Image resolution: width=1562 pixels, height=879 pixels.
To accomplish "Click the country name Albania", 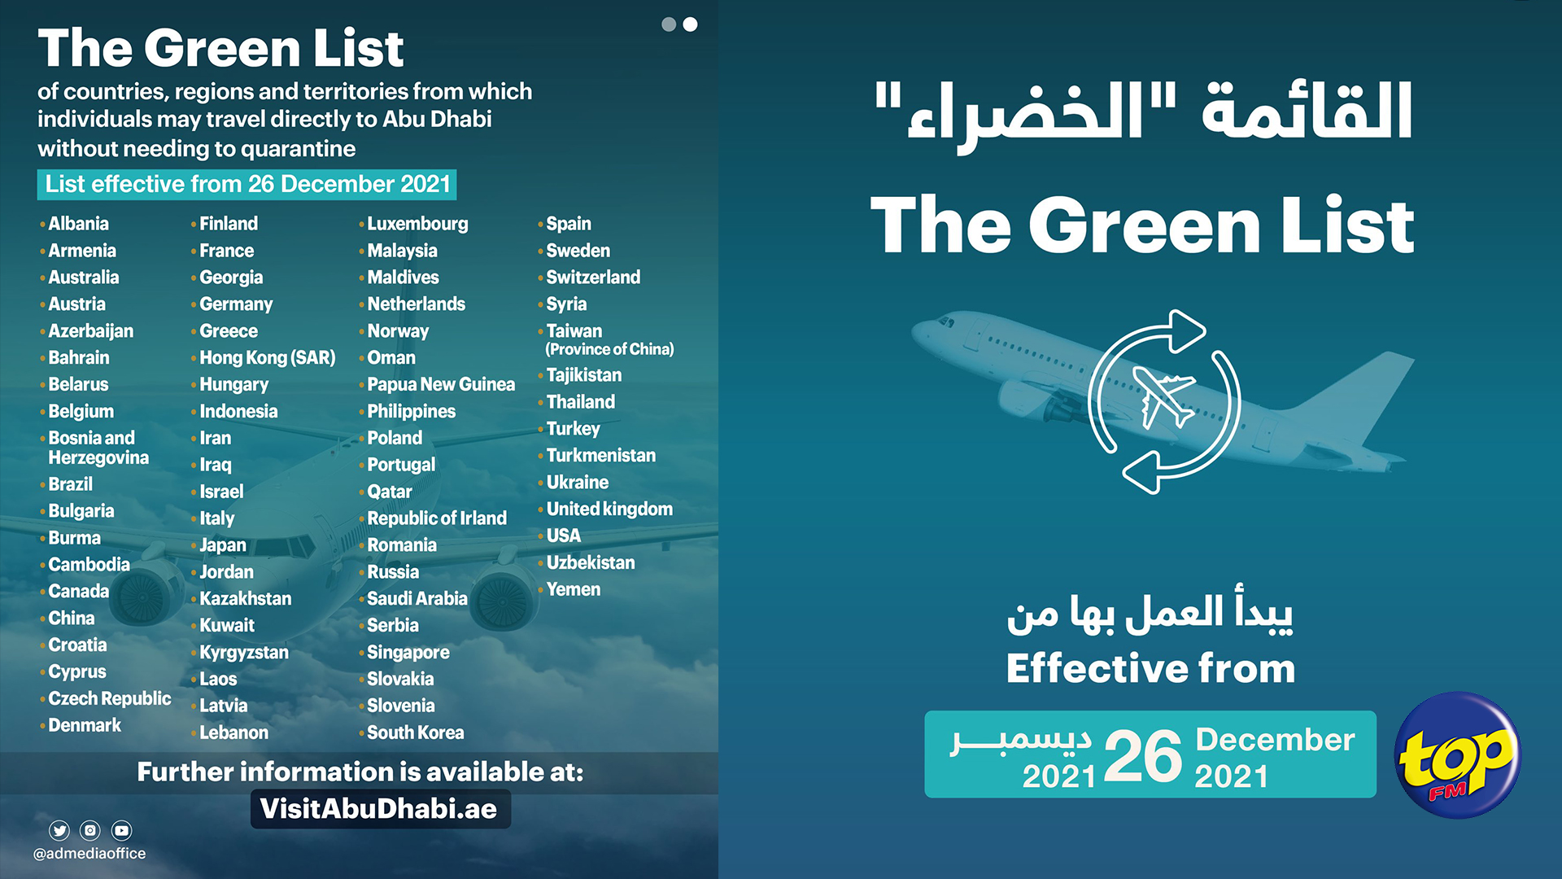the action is (x=78, y=224).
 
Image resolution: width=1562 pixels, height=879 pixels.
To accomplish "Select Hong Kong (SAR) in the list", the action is (x=268, y=358).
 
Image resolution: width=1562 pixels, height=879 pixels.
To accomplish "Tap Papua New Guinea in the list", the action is (x=441, y=384).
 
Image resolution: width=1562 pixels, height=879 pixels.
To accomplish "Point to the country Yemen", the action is (x=574, y=589).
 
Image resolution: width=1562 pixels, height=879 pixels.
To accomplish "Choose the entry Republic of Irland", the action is (x=437, y=518).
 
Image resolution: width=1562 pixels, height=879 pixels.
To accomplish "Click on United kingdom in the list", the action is (x=609, y=509).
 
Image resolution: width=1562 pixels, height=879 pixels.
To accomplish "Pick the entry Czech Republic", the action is (x=110, y=699).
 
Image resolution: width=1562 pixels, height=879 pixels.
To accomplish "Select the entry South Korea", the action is (x=416, y=732).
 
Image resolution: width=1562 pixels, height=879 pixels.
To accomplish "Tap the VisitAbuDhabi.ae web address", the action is (x=379, y=809).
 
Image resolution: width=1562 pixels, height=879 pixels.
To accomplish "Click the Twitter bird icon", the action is (x=59, y=830).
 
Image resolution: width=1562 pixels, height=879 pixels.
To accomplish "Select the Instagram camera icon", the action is (x=90, y=830).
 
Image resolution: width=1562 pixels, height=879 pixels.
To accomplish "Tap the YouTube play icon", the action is (x=122, y=830).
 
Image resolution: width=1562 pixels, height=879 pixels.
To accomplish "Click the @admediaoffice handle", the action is (x=89, y=854).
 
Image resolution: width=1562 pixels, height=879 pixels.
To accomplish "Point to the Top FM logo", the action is (x=1458, y=755).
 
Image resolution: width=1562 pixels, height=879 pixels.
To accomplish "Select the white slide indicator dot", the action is (x=690, y=24).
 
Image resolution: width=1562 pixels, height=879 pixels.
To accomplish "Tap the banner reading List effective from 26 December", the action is (x=247, y=185).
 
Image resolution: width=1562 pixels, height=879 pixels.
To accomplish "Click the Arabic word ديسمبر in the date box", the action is (x=1022, y=739).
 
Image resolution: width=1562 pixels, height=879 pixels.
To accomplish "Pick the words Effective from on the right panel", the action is (x=1150, y=669).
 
